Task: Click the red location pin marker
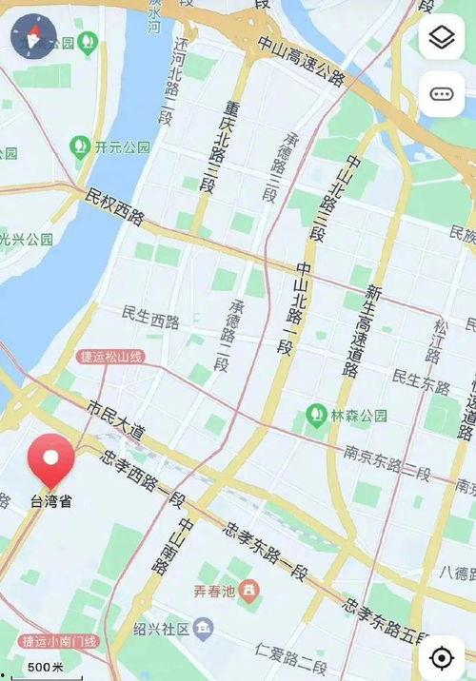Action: [51, 460]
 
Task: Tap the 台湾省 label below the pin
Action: [51, 501]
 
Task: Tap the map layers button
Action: [442, 38]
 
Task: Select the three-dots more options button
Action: [442, 93]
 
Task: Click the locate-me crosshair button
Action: [442, 657]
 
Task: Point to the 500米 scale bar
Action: [45, 668]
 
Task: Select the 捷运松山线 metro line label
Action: [110, 356]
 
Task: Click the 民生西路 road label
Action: [151, 318]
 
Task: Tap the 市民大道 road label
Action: [115, 418]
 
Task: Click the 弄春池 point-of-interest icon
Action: [250, 593]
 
